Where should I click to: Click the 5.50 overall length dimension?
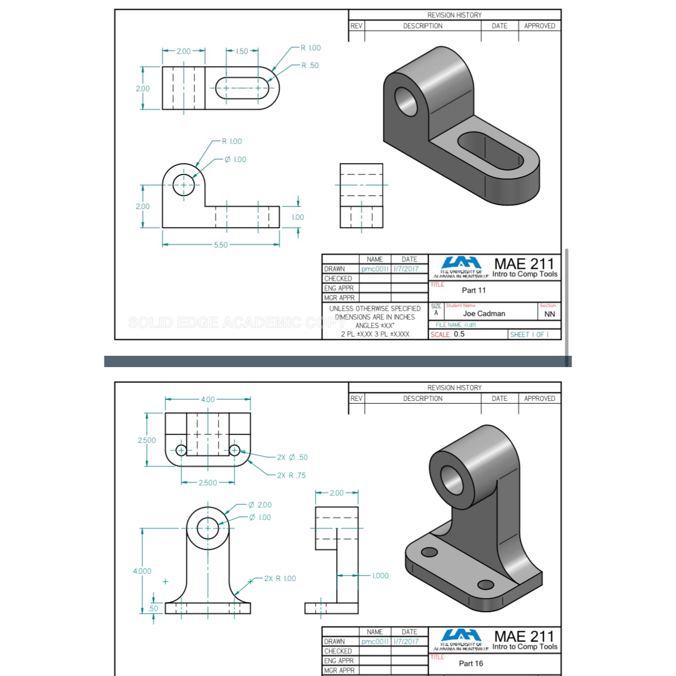coord(221,245)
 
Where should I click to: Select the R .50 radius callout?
coord(310,66)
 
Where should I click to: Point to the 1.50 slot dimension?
coord(242,51)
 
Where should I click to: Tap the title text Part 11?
coord(473,290)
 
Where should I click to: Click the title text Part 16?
coord(470,663)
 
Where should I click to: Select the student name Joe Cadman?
coord(484,313)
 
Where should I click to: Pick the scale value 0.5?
coord(459,334)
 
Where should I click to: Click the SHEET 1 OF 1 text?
coord(529,334)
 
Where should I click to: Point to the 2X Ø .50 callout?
coord(292,457)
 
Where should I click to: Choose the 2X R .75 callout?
coord(291,476)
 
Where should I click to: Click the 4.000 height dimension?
coord(142,571)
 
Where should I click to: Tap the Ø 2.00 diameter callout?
coord(260,505)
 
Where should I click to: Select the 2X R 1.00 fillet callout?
coord(280,578)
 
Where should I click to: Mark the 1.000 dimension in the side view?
coord(380,575)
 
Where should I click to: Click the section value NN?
coord(549,314)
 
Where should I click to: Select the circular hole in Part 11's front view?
coord(184,185)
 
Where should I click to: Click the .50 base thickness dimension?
coord(154,608)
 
